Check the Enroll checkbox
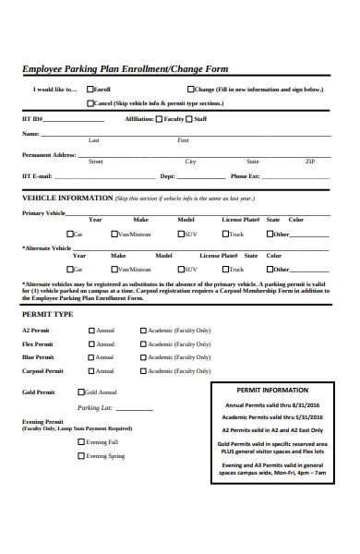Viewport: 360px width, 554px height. click(x=90, y=90)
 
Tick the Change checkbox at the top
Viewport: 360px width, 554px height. click(x=189, y=90)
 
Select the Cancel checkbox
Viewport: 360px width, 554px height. click(x=90, y=103)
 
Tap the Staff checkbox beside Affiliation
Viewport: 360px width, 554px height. click(x=189, y=119)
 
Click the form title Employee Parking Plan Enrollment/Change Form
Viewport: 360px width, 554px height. click(x=125, y=69)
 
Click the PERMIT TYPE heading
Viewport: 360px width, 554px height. click(x=47, y=314)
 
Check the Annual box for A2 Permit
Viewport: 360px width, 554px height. click(x=90, y=331)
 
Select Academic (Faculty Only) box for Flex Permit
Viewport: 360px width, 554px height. click(x=142, y=343)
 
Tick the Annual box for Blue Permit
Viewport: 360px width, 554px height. click(x=90, y=356)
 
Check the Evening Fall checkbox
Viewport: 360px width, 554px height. click(x=81, y=442)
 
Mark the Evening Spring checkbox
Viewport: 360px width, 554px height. click(x=81, y=455)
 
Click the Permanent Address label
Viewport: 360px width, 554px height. click(x=49, y=155)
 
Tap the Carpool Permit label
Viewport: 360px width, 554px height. click(x=42, y=370)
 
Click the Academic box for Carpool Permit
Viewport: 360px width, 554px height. click(x=142, y=370)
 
